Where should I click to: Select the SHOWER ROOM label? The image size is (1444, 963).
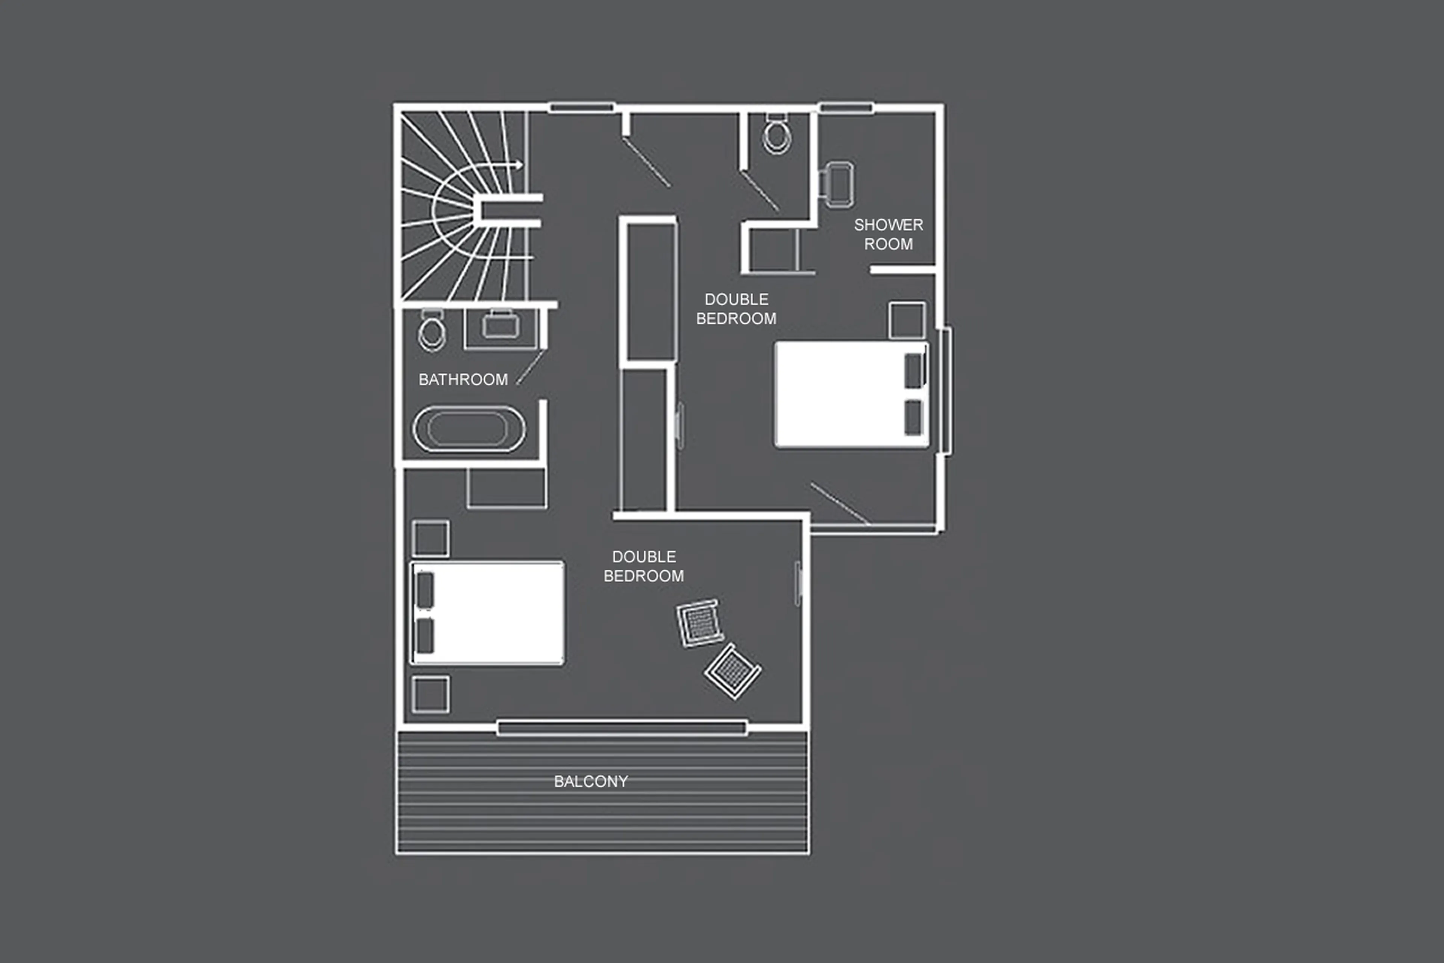point(888,234)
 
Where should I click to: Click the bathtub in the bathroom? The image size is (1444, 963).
point(469,429)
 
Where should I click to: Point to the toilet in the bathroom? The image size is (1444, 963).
point(432,331)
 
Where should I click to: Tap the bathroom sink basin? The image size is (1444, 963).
point(501,325)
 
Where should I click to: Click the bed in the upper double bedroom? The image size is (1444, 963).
point(851,395)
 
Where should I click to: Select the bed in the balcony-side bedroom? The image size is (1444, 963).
point(487,612)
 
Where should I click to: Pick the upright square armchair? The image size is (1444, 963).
point(699,623)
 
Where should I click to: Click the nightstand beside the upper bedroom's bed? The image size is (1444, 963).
point(906,319)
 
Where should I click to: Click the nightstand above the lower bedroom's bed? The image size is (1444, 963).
point(430,539)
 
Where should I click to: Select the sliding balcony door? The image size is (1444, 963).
point(622,729)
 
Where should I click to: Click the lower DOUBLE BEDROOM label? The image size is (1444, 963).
point(644,566)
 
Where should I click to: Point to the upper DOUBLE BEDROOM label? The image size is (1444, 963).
point(736,309)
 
